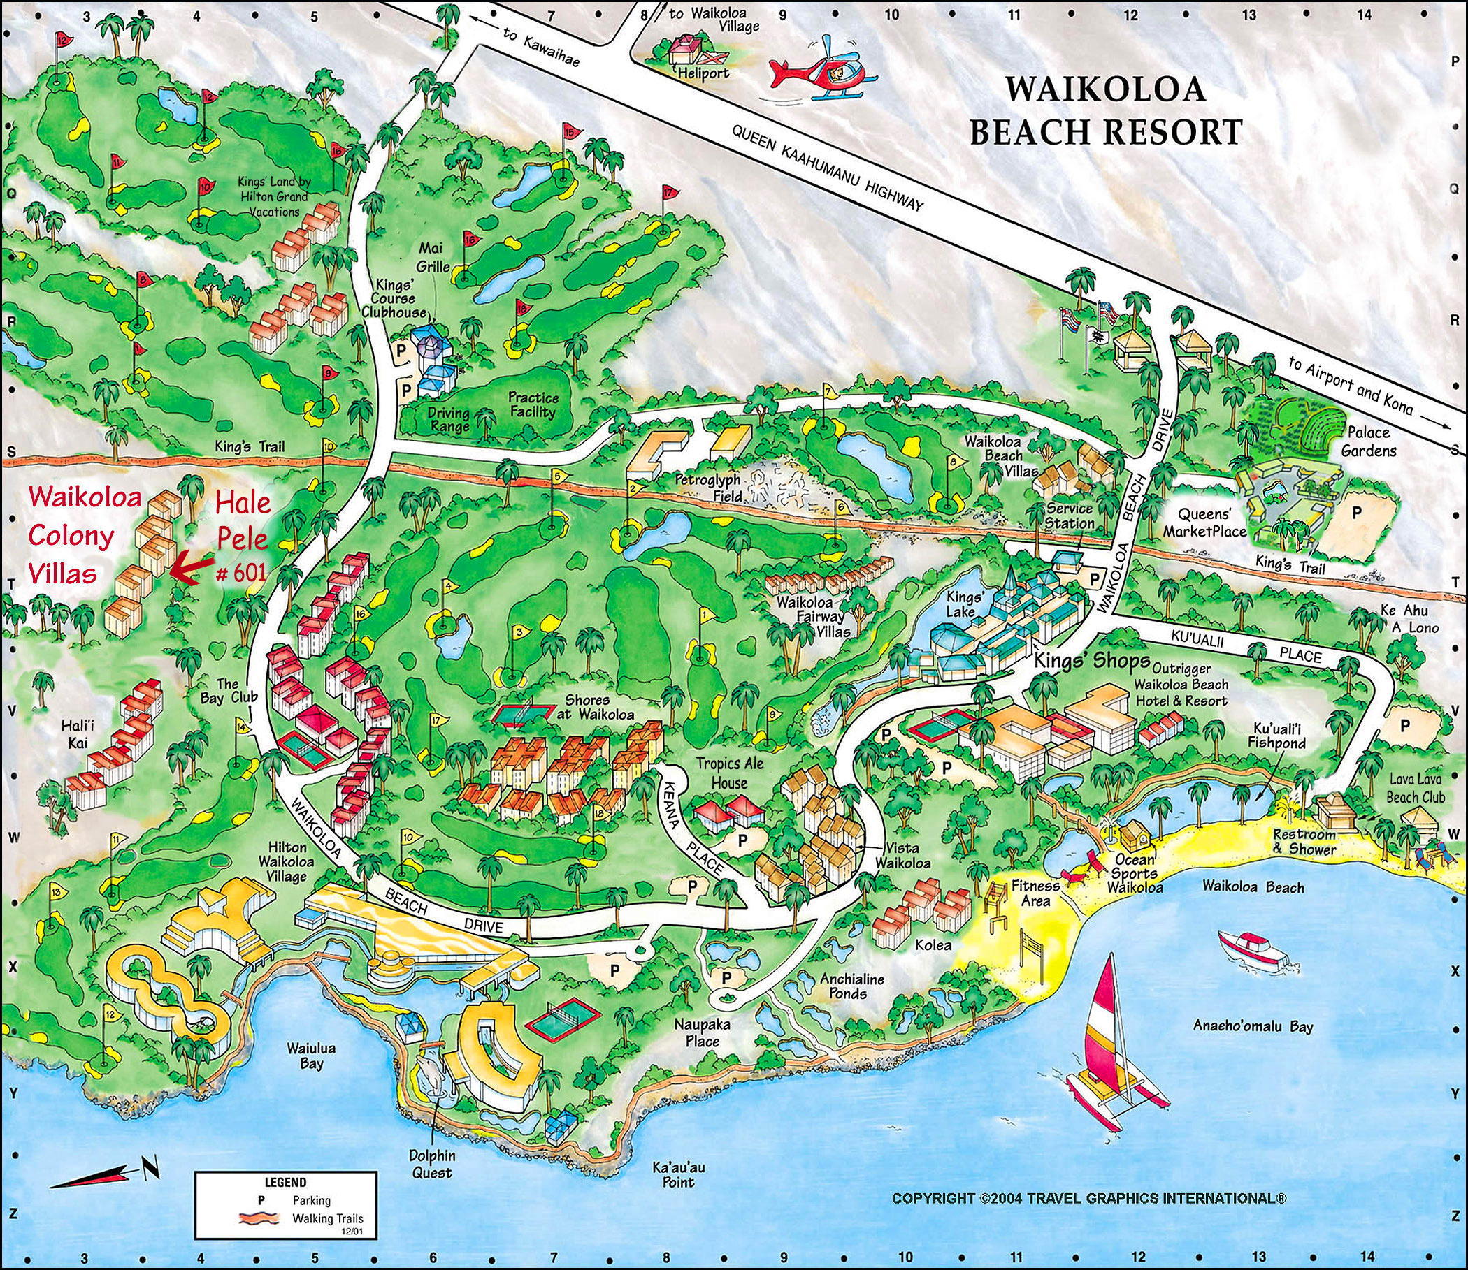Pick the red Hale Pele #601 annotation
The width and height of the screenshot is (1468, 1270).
point(242,538)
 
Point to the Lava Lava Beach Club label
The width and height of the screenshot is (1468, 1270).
point(1416,787)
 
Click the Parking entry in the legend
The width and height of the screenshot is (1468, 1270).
point(310,1201)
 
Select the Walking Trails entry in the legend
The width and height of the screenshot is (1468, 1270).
point(327,1219)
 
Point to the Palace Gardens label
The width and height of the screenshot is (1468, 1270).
point(1368,440)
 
